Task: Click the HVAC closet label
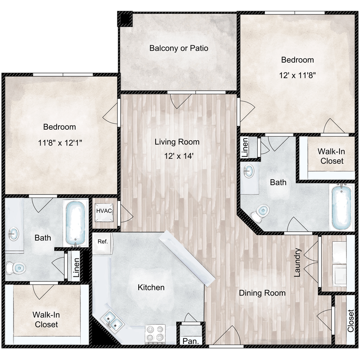[104, 210]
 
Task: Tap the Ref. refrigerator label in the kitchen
[103, 241]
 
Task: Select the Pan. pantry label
[190, 341]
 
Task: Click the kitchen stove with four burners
[156, 333]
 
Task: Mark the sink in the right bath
[249, 171]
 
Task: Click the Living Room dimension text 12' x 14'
[177, 156]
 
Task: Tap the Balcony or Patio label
[179, 48]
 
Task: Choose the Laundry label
[298, 263]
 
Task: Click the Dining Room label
[262, 293]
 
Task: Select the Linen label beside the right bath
[245, 148]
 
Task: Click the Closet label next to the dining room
[351, 321]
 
